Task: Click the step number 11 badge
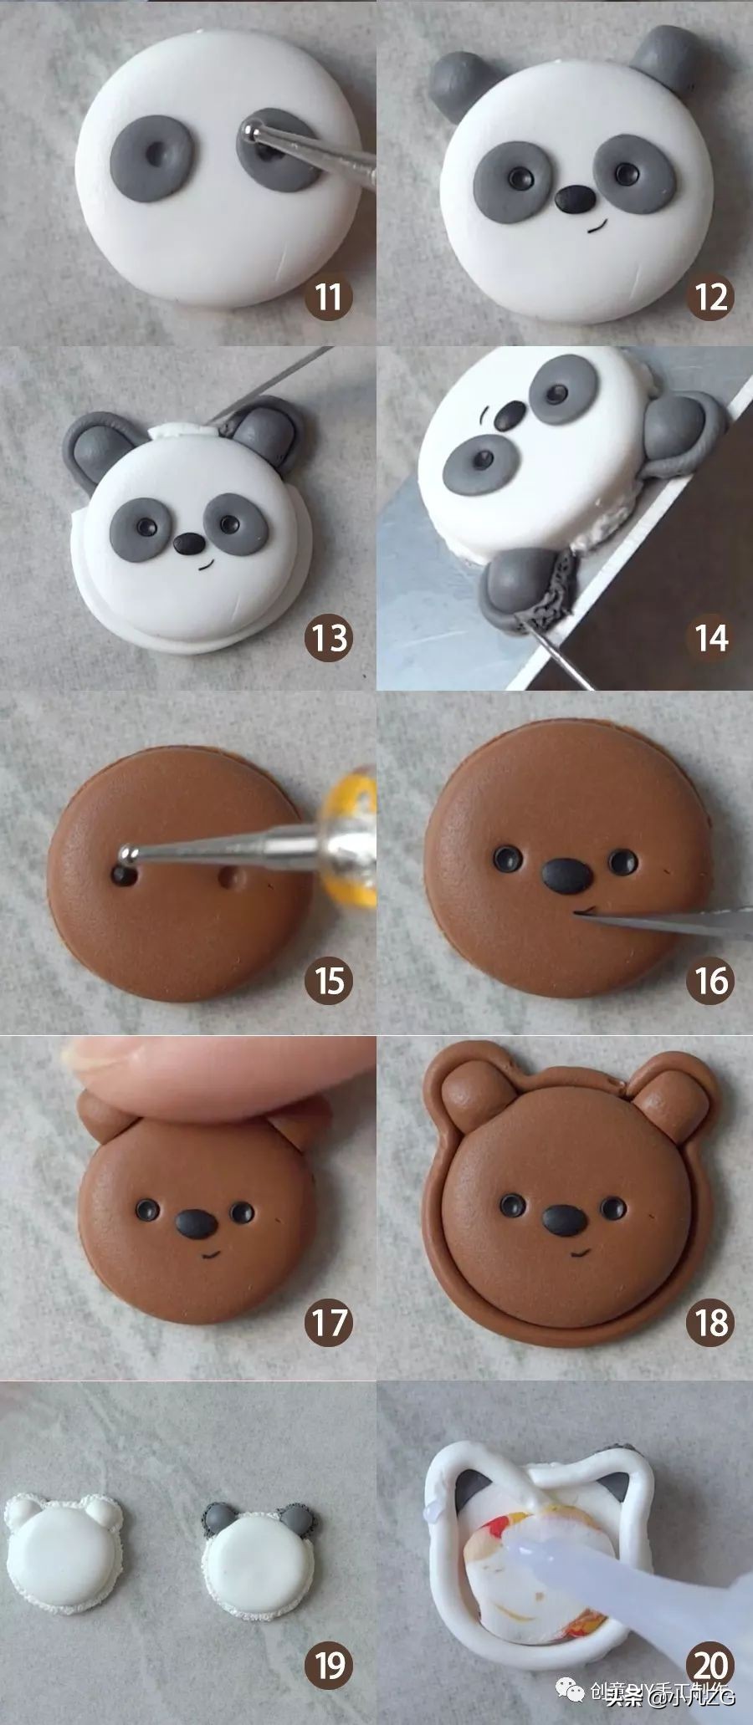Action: tap(329, 296)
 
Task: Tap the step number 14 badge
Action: tap(710, 638)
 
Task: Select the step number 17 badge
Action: tap(329, 1323)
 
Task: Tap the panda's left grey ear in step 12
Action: tap(458, 79)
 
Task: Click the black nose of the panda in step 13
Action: tap(188, 544)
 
